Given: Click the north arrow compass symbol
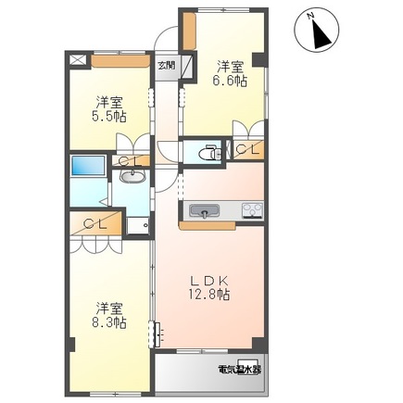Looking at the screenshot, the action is [x=317, y=31].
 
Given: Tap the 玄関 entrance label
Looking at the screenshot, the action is [x=167, y=65].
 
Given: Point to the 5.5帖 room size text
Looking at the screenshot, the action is [x=110, y=117].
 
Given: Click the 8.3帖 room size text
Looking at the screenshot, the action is [x=110, y=322].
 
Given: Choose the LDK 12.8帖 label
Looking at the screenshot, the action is [x=209, y=288].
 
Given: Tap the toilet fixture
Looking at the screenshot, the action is [x=210, y=153].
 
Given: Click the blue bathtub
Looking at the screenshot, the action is [x=88, y=166].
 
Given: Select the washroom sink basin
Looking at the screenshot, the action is [x=132, y=177].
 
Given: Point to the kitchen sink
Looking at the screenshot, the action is [x=204, y=211].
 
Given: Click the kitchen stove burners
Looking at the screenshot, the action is [x=253, y=210].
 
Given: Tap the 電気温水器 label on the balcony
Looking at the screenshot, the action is [x=239, y=370].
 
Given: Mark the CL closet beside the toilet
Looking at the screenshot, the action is [x=248, y=150].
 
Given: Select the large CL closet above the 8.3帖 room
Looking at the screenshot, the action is [x=95, y=223].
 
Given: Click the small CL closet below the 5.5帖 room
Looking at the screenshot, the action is [x=131, y=160].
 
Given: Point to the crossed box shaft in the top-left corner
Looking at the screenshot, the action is [x=78, y=59].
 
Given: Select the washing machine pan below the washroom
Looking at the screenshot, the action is [x=138, y=225].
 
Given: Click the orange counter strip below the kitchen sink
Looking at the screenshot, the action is [x=208, y=226].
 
